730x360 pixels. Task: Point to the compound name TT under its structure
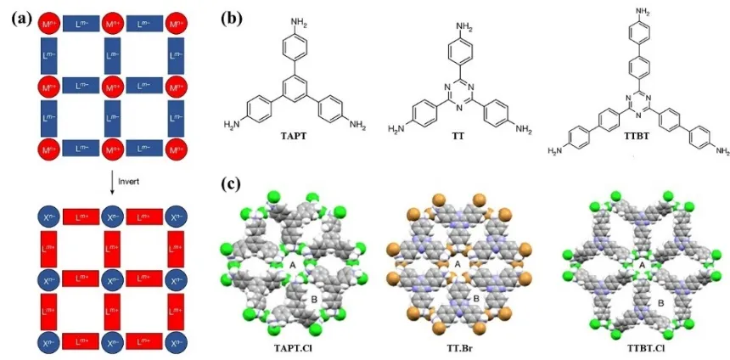point(460,135)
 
